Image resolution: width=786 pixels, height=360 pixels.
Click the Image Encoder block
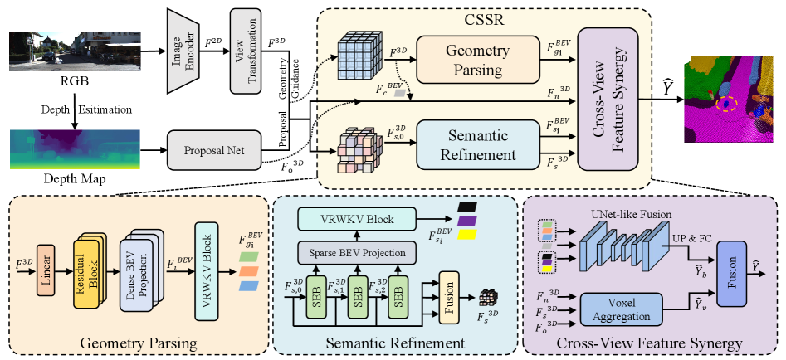pos(186,52)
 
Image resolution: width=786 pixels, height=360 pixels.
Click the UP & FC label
pos(691,240)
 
